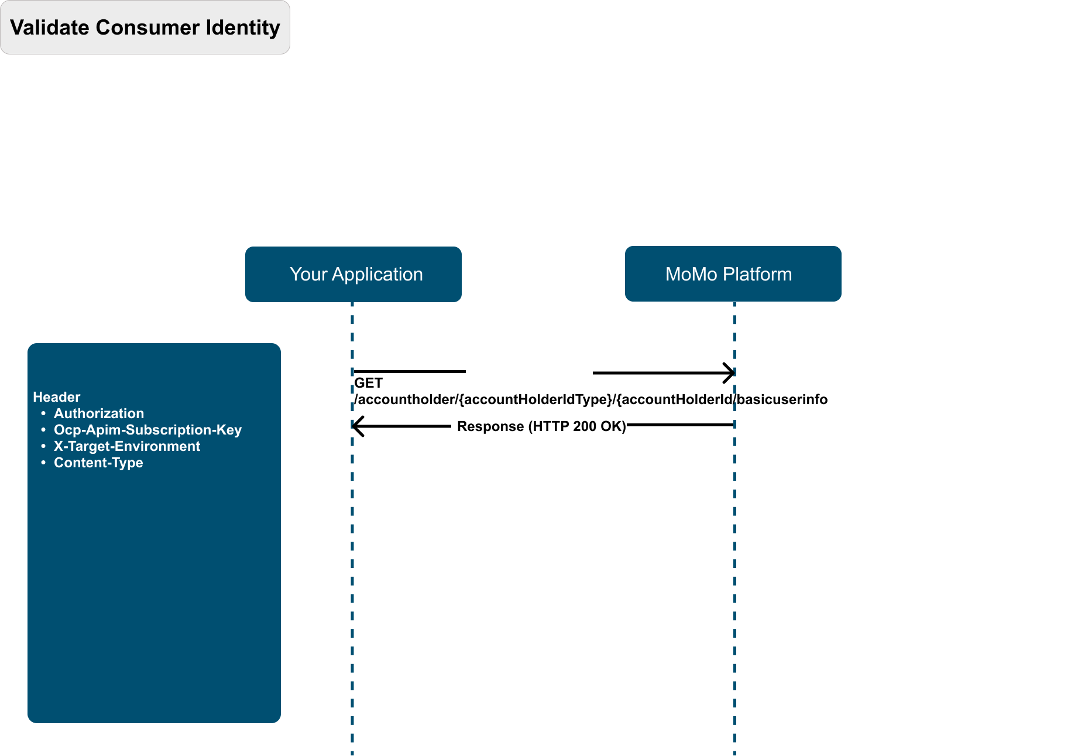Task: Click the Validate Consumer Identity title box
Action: [145, 28]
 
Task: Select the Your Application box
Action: [353, 274]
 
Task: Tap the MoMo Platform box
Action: [733, 273]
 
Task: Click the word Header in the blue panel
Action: [57, 397]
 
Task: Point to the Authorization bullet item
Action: [99, 413]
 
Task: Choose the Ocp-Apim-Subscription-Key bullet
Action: [147, 430]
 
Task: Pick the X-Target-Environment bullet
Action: [127, 446]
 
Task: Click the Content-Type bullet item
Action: [98, 463]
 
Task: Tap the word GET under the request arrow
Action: [368, 383]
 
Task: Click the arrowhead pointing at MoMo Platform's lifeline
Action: [729, 372]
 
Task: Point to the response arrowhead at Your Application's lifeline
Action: [358, 426]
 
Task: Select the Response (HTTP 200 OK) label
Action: [541, 426]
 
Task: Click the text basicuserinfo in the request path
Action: [782, 399]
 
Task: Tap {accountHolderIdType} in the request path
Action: [535, 399]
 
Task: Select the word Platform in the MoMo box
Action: [757, 274]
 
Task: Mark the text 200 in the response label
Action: [585, 426]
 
